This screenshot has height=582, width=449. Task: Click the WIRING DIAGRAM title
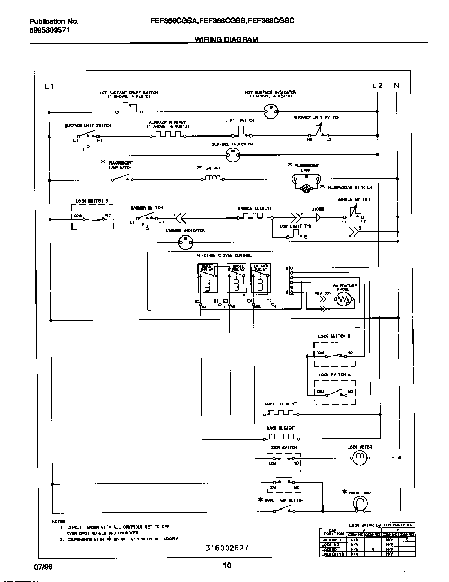[226, 40]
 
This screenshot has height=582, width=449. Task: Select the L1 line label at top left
[49, 86]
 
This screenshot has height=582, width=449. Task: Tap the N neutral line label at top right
[397, 86]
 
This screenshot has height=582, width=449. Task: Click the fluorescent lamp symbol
[306, 179]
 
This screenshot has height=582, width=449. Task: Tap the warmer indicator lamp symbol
[185, 242]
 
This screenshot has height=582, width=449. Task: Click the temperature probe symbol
[344, 301]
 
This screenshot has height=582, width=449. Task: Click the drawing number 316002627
[227, 548]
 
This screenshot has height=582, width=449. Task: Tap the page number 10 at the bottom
[227, 566]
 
